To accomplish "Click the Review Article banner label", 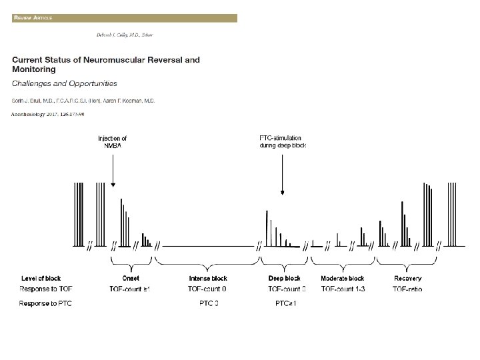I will [x=32, y=17].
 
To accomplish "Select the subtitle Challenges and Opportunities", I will [x=65, y=84].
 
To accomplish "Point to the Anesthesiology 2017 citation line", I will [x=49, y=114].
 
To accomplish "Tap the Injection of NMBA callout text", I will [x=113, y=141].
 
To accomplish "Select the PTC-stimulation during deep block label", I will [x=282, y=141].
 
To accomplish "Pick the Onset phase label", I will [x=130, y=278].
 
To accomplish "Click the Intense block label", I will [x=208, y=278].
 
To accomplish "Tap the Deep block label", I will [x=285, y=278].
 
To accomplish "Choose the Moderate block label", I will [x=342, y=278].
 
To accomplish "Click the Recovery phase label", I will [x=407, y=278].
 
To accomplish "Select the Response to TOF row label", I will [x=45, y=289].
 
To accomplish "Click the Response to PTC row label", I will [x=45, y=304].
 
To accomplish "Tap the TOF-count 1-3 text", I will [x=343, y=289].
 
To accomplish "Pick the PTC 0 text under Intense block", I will [x=209, y=304].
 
